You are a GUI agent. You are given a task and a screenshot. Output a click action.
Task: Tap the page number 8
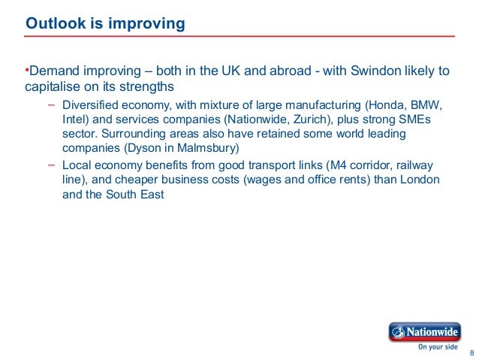tap(471, 353)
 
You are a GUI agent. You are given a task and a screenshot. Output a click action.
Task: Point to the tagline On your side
tap(438, 347)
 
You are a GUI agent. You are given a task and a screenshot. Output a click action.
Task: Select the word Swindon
tap(362, 71)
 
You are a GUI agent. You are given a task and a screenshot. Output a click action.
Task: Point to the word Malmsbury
tap(206, 147)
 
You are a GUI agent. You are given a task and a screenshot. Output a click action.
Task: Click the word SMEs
tap(415, 119)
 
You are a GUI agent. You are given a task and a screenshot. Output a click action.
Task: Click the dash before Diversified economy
tap(50, 104)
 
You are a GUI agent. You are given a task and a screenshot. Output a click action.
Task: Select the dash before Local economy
tap(50, 164)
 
